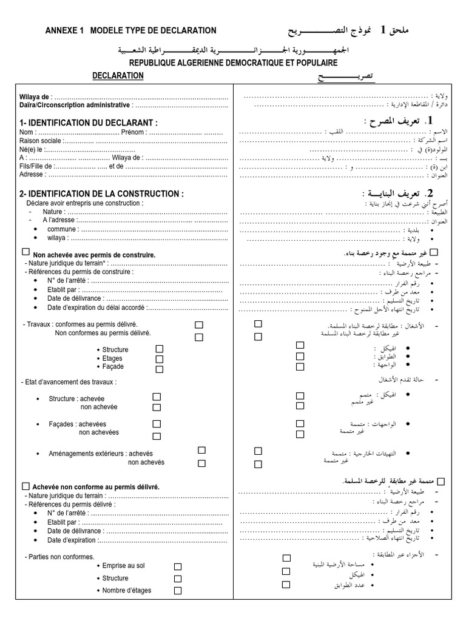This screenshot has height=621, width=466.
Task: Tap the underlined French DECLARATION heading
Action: tap(118, 76)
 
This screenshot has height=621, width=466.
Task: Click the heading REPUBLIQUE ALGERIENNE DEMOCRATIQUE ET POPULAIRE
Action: tap(233, 63)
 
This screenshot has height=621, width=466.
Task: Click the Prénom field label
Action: tap(133, 132)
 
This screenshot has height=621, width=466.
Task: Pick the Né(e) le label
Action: tap(31, 149)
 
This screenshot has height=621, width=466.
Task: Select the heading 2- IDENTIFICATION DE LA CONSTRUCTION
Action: tap(101, 193)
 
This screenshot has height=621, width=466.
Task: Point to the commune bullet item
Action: tap(62, 229)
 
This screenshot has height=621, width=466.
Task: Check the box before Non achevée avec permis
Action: tap(25, 252)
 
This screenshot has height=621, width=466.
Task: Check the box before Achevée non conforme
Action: tap(25, 486)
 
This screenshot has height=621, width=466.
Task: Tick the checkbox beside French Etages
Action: tap(160, 359)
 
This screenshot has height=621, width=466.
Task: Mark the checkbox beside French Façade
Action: tap(160, 369)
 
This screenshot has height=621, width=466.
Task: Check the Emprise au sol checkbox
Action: tap(178, 566)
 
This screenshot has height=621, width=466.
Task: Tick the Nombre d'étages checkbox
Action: tap(178, 591)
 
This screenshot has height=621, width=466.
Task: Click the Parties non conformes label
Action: tap(59, 556)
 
